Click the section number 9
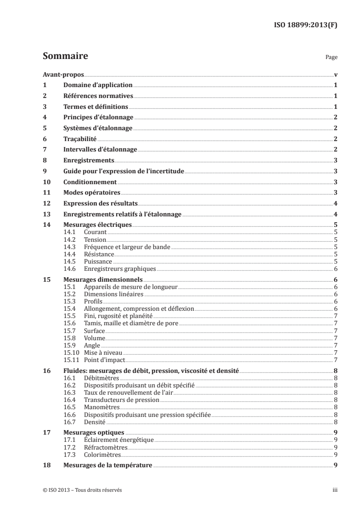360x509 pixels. click(44, 171)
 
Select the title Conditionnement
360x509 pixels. click(90, 182)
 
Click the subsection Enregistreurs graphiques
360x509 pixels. click(120, 269)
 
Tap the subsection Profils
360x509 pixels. click(94, 301)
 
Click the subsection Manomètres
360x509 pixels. click(100, 407)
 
